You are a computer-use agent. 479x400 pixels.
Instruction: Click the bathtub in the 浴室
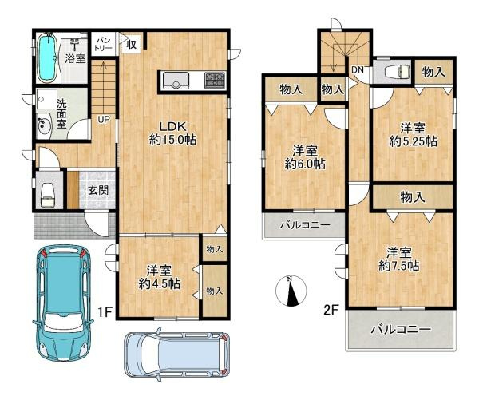46,57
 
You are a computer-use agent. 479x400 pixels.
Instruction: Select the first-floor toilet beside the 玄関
48,192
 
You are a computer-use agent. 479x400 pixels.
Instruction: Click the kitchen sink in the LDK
175,80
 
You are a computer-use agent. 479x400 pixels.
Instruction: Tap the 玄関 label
98,190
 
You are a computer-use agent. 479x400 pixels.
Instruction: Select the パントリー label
104,42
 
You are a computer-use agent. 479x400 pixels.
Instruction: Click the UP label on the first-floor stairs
104,120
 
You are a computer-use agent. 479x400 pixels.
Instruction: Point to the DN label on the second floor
358,69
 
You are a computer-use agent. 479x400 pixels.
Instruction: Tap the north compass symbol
291,291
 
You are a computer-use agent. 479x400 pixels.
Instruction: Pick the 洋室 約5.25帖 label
413,134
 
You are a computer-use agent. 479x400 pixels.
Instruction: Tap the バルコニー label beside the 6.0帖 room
304,226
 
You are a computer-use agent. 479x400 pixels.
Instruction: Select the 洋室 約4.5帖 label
157,276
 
